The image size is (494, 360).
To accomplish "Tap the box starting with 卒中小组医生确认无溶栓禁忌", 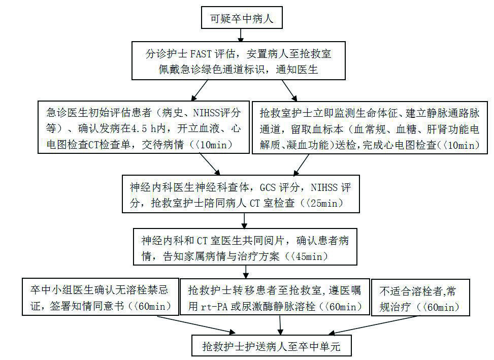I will pyautogui.click(x=102, y=299).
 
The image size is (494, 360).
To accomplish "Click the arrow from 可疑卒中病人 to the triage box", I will pyautogui.click(x=241, y=35).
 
